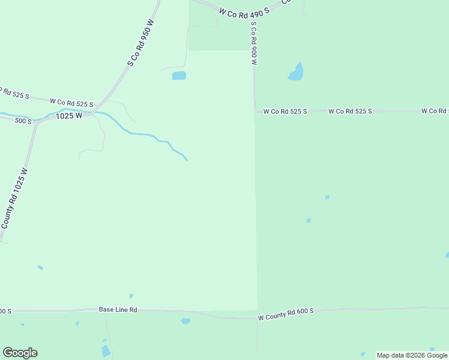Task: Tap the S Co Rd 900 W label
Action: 255,44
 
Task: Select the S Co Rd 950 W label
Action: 141,42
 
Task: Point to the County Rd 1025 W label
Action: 14,197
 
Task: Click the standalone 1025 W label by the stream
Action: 69,116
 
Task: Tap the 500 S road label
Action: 23,121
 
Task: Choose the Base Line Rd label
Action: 118,310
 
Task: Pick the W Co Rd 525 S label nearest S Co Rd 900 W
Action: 285,112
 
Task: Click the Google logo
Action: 20,353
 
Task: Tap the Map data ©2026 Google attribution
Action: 412,355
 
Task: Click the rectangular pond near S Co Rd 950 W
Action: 179,76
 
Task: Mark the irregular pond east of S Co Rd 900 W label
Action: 296,72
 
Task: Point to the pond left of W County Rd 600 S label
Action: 185,321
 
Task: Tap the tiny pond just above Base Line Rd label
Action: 131,296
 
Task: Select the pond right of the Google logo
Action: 106,351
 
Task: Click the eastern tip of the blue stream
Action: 187,160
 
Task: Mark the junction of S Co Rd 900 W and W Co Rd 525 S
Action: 256,111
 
